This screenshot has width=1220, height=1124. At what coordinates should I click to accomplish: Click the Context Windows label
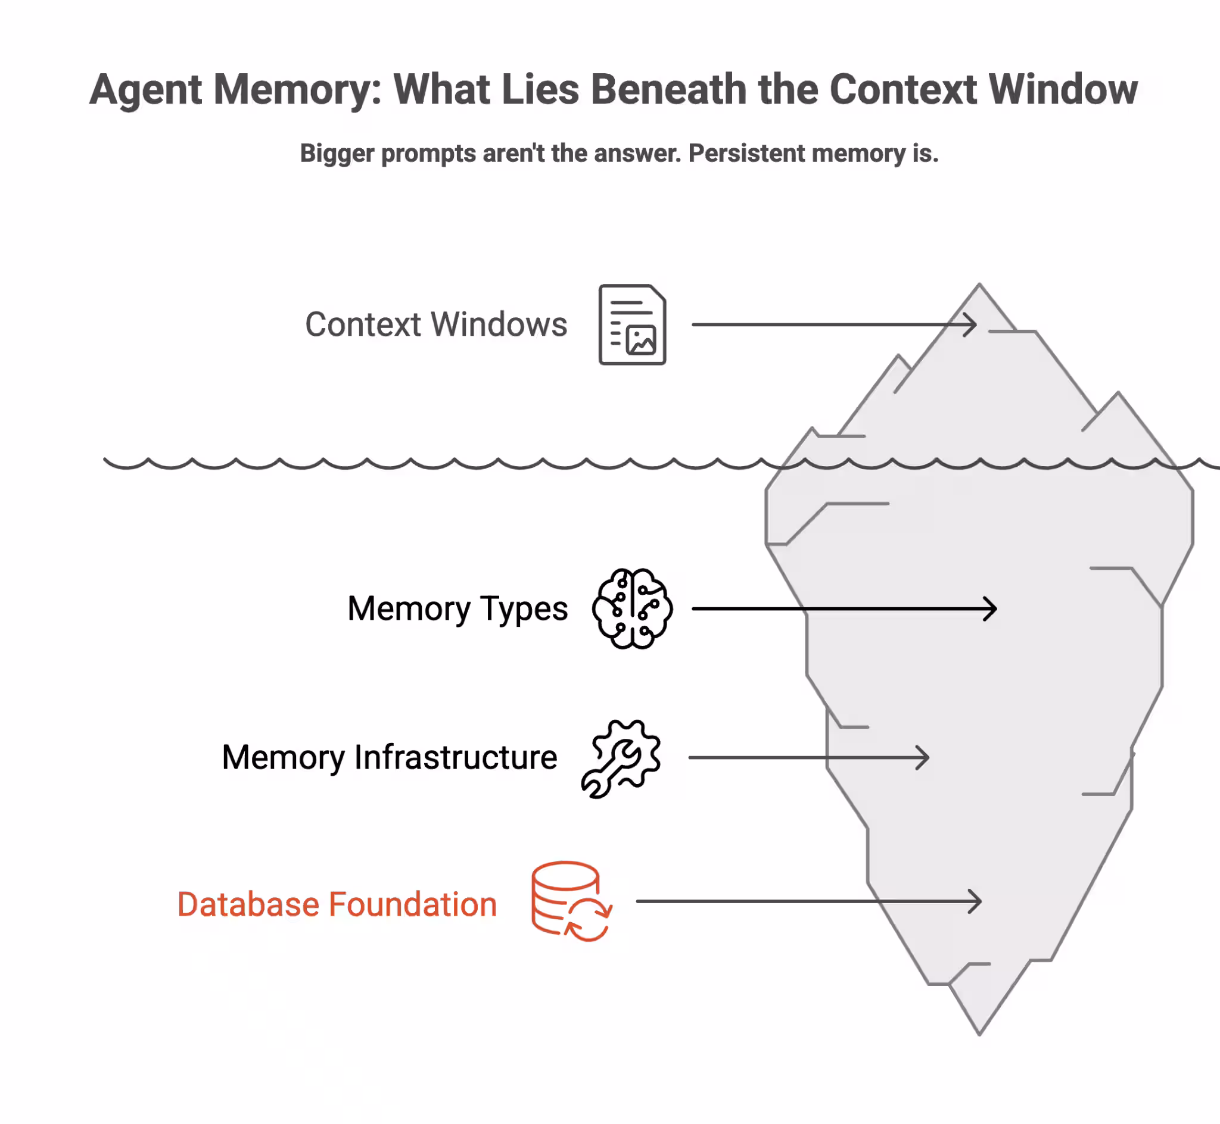[x=435, y=324]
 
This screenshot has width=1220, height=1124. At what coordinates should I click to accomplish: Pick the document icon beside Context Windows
[x=632, y=325]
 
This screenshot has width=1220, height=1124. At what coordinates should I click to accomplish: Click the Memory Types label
[x=457, y=608]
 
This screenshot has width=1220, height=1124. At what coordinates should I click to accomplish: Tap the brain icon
[x=632, y=608]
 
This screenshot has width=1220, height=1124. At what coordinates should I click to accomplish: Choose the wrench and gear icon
[x=621, y=758]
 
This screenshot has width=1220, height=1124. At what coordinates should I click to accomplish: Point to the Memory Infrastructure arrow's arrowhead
[x=925, y=758]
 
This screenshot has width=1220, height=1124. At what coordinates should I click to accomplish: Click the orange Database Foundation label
[x=337, y=904]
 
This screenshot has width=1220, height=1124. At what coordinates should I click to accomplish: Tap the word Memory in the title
[x=297, y=90]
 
